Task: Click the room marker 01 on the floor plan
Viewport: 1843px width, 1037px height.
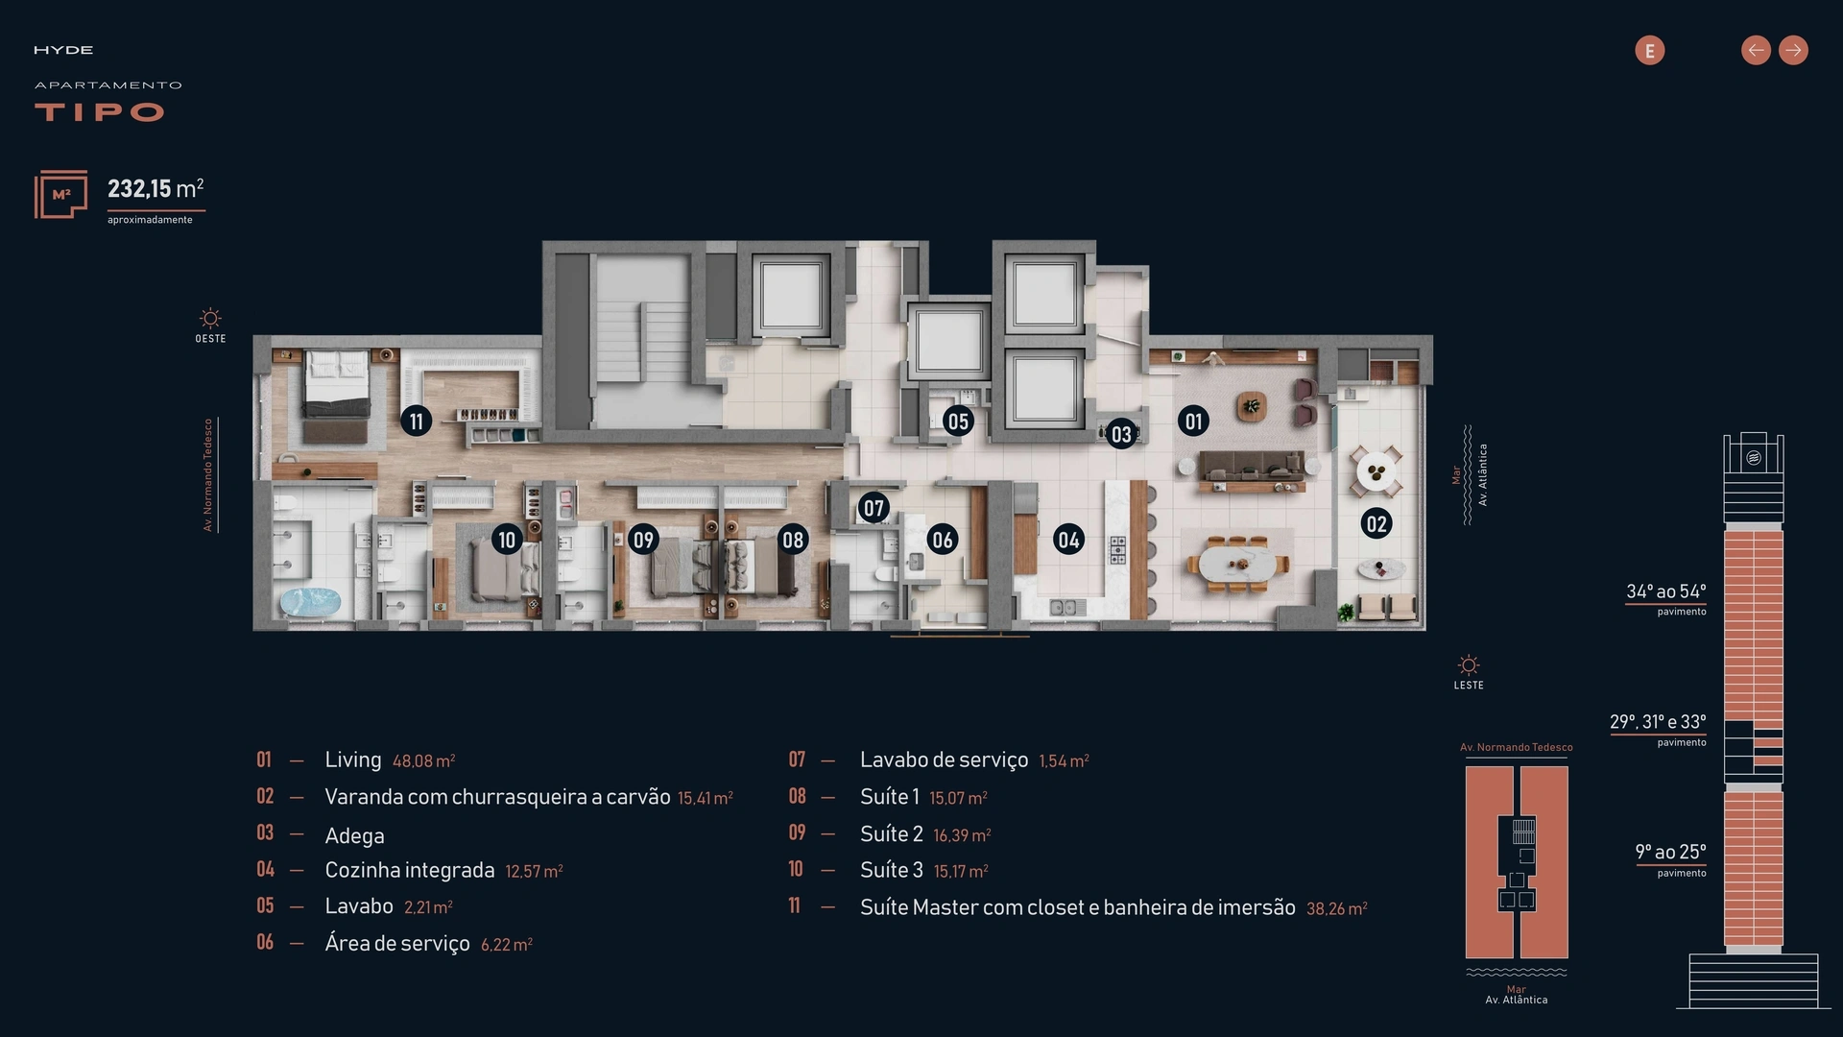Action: click(1193, 421)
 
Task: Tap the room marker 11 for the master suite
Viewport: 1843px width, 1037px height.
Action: click(416, 421)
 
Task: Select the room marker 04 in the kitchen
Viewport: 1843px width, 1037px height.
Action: click(1068, 540)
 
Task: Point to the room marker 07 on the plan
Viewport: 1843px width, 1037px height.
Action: click(874, 508)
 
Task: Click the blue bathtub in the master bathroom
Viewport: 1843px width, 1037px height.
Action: click(310, 602)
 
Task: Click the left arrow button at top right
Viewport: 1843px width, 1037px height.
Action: click(1756, 50)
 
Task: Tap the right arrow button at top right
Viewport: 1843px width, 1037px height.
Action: click(1793, 50)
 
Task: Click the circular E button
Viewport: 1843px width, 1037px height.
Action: click(1650, 50)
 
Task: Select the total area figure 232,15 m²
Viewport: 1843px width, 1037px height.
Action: click(156, 188)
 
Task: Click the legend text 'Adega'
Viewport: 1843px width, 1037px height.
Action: click(354, 835)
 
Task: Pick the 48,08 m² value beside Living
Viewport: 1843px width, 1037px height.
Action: click(423, 761)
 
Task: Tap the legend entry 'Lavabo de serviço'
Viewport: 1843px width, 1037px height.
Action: click(944, 760)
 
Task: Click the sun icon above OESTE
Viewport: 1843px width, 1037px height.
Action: click(210, 318)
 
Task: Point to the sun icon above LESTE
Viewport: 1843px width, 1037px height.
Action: click(1469, 664)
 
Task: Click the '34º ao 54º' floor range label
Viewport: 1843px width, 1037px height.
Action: click(1665, 591)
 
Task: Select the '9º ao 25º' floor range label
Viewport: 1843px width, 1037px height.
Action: click(1670, 852)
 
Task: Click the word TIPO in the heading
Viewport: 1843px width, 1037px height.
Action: click(100, 112)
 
